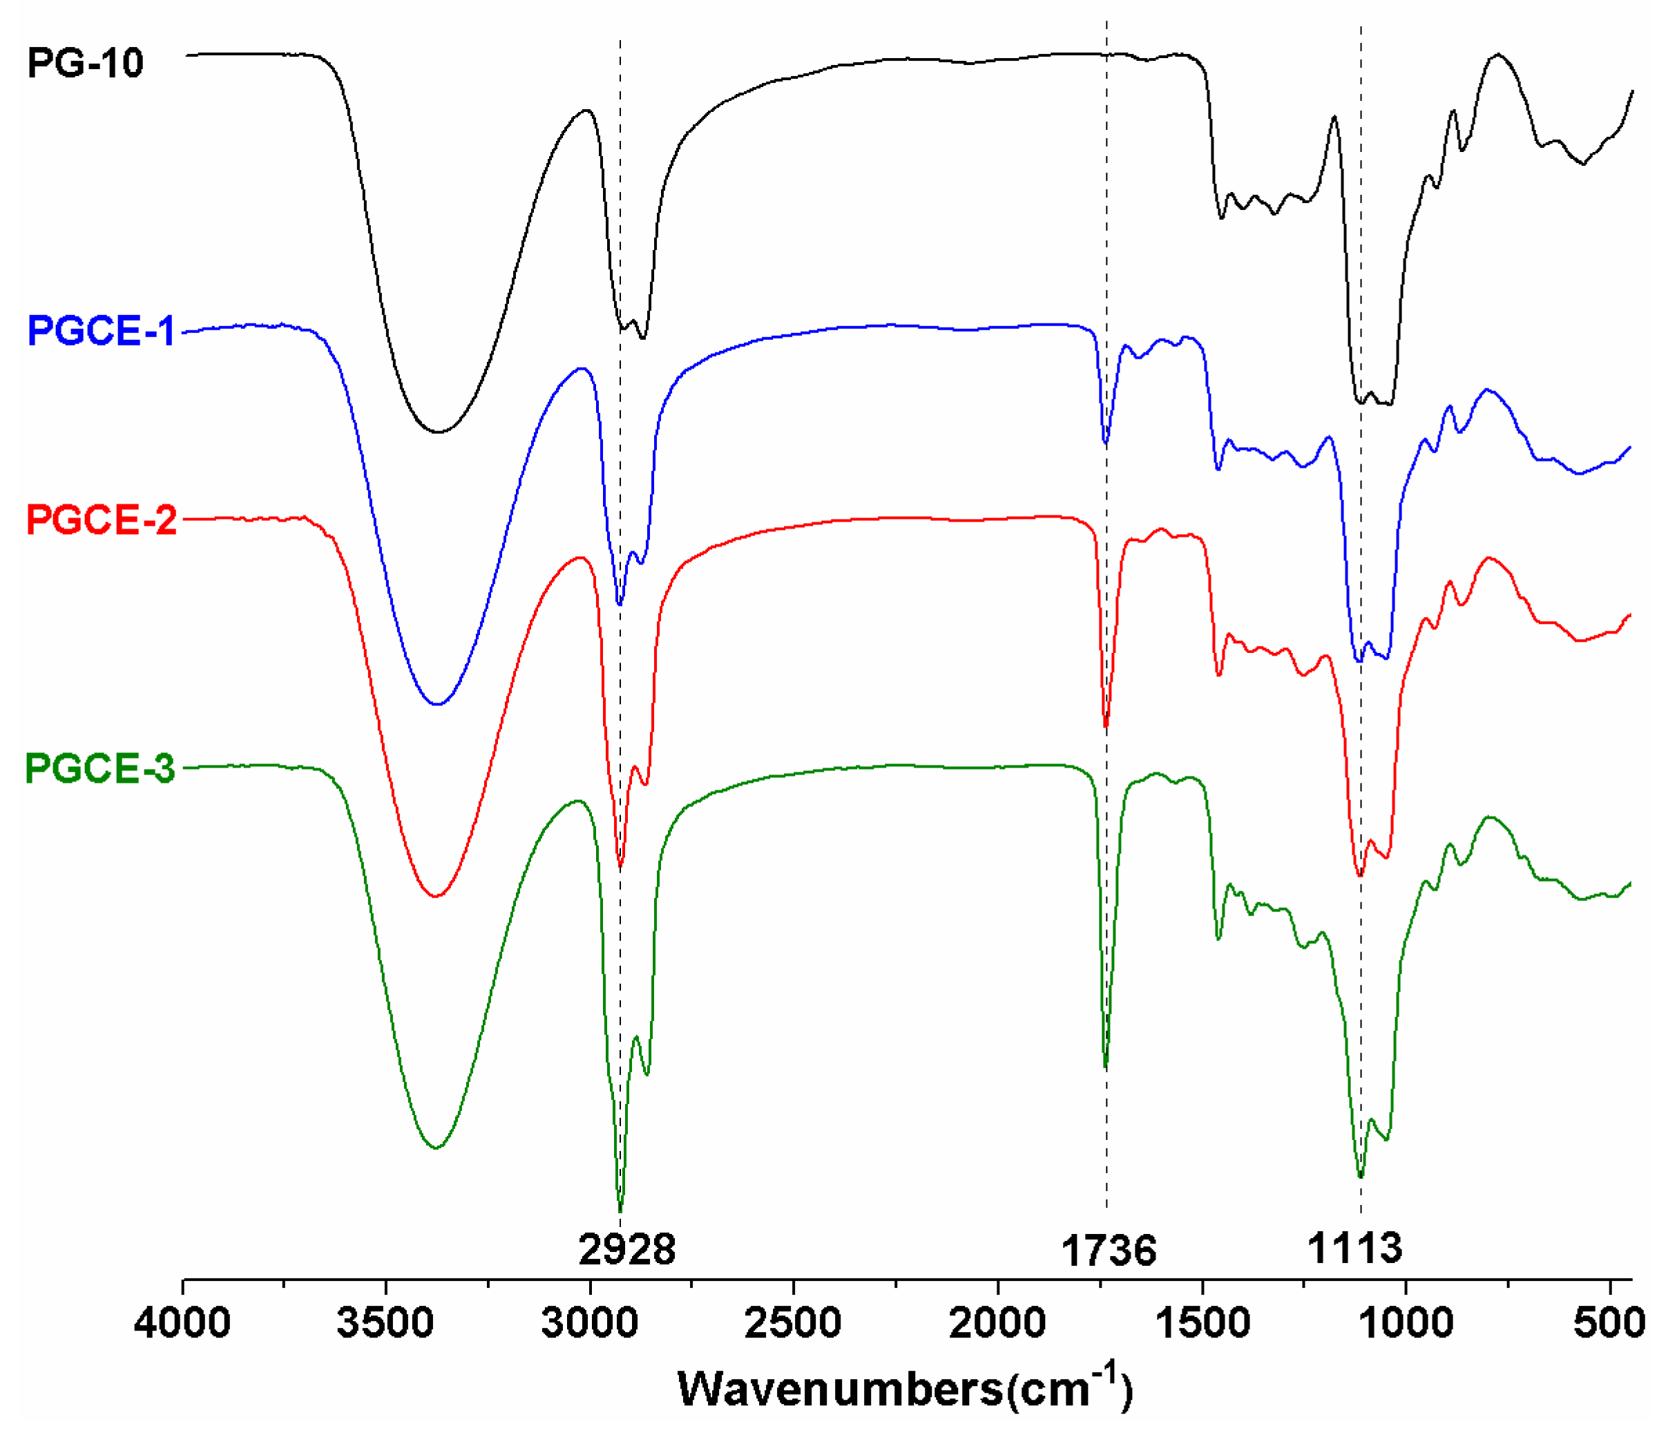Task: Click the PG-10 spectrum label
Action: coord(85,63)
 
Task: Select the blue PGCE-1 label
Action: coord(100,331)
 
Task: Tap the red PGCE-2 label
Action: coord(101,520)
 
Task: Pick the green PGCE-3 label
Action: coord(99,768)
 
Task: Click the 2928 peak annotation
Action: coord(626,1249)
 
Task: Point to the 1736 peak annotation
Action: coord(1108,1251)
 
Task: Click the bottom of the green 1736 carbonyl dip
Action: coord(1106,1067)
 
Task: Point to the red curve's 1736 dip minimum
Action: coord(1106,726)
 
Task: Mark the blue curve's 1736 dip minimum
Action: coord(1106,442)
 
